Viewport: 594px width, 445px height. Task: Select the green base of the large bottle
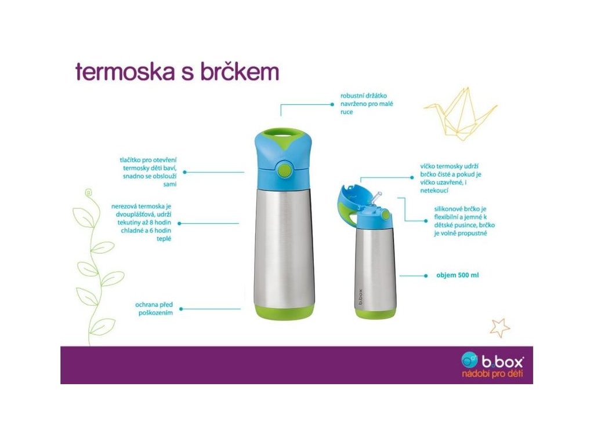(284, 311)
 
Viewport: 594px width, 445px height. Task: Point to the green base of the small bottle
(375, 312)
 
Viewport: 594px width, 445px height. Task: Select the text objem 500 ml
(457, 275)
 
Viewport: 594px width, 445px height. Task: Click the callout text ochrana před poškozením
(154, 308)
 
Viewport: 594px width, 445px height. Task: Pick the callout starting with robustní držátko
(367, 104)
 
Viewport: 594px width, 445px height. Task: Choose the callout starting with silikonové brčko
(464, 221)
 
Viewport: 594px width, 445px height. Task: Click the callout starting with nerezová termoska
(142, 222)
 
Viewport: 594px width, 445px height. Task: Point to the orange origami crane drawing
(460, 113)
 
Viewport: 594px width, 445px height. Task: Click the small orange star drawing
(499, 328)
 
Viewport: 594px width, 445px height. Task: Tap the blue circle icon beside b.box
(469, 359)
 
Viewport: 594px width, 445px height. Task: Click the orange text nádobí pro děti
(492, 374)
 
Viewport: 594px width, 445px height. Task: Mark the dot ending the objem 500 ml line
(426, 276)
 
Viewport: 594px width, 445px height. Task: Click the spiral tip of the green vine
(89, 192)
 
